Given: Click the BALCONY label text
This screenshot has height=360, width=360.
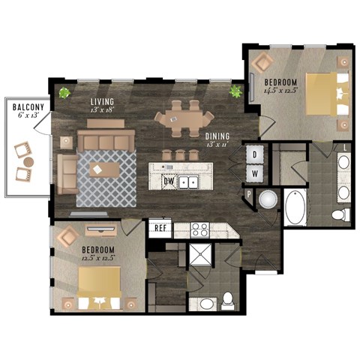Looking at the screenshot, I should click(x=25, y=107).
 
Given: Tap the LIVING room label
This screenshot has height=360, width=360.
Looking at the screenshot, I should click(x=102, y=101).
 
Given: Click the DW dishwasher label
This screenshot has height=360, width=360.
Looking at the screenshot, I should click(x=169, y=181).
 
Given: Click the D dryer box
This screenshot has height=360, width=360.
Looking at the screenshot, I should click(x=253, y=155).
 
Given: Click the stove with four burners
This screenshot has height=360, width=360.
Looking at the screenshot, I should click(x=199, y=229).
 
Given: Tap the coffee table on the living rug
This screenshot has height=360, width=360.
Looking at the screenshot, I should click(x=100, y=169).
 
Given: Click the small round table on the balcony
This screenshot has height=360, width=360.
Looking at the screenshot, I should click(x=28, y=161).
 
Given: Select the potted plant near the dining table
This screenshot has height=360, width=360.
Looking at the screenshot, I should click(x=237, y=92).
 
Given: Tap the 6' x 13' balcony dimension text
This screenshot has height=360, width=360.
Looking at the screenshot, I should click(x=25, y=117).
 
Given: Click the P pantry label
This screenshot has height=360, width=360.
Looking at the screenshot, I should click(x=248, y=194).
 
